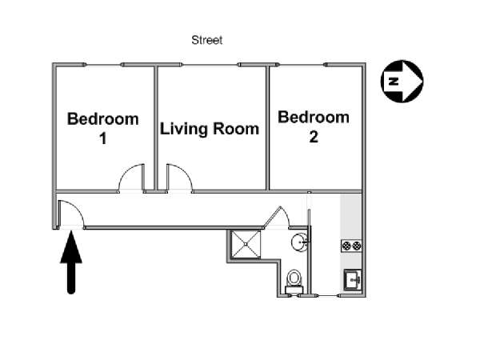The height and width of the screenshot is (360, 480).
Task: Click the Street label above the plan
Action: coord(207,40)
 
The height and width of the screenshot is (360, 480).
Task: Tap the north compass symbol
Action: coord(402,81)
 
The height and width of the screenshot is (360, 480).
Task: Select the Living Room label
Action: coord(210,129)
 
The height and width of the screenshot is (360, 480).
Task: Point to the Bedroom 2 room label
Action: coord(314,126)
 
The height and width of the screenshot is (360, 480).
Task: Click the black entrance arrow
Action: coord(71,262)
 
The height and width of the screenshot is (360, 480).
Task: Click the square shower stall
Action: coord(246,244)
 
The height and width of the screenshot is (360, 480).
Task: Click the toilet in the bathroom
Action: coord(294,282)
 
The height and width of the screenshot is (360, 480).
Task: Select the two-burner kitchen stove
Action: coord(351,246)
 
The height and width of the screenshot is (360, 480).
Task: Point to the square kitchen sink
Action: coord(352,279)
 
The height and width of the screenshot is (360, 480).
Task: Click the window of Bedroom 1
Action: coord(104,65)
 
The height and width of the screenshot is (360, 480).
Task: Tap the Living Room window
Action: coord(210,65)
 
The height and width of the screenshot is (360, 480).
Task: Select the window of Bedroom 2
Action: coord(302,65)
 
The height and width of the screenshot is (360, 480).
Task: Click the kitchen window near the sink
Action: coord(328,296)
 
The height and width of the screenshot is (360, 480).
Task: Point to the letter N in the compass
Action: coord(394,81)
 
